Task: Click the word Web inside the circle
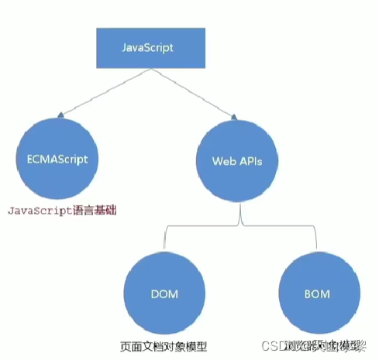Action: pyautogui.click(x=222, y=162)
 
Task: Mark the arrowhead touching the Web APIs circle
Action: pyautogui.click(x=233, y=115)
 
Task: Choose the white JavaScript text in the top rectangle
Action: pyautogui.click(x=147, y=47)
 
